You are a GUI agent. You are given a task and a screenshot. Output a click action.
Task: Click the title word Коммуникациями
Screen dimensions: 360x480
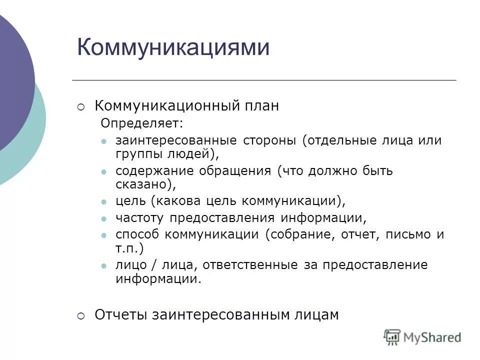[173, 48]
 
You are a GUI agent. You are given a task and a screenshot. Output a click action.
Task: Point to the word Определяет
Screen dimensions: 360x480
[141, 122]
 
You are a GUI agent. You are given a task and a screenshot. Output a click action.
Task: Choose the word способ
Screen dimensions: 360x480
[138, 235]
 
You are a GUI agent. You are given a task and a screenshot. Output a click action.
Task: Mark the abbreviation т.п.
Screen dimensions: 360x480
[128, 248]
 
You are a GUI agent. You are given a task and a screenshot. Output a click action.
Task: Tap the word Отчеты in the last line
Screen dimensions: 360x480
[121, 314]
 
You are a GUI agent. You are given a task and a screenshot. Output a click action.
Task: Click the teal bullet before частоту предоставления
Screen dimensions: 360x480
[103, 218]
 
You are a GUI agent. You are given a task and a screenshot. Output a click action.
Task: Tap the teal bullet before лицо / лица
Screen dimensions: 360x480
[103, 265]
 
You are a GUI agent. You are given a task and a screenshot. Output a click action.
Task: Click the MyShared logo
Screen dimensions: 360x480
[422, 337]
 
